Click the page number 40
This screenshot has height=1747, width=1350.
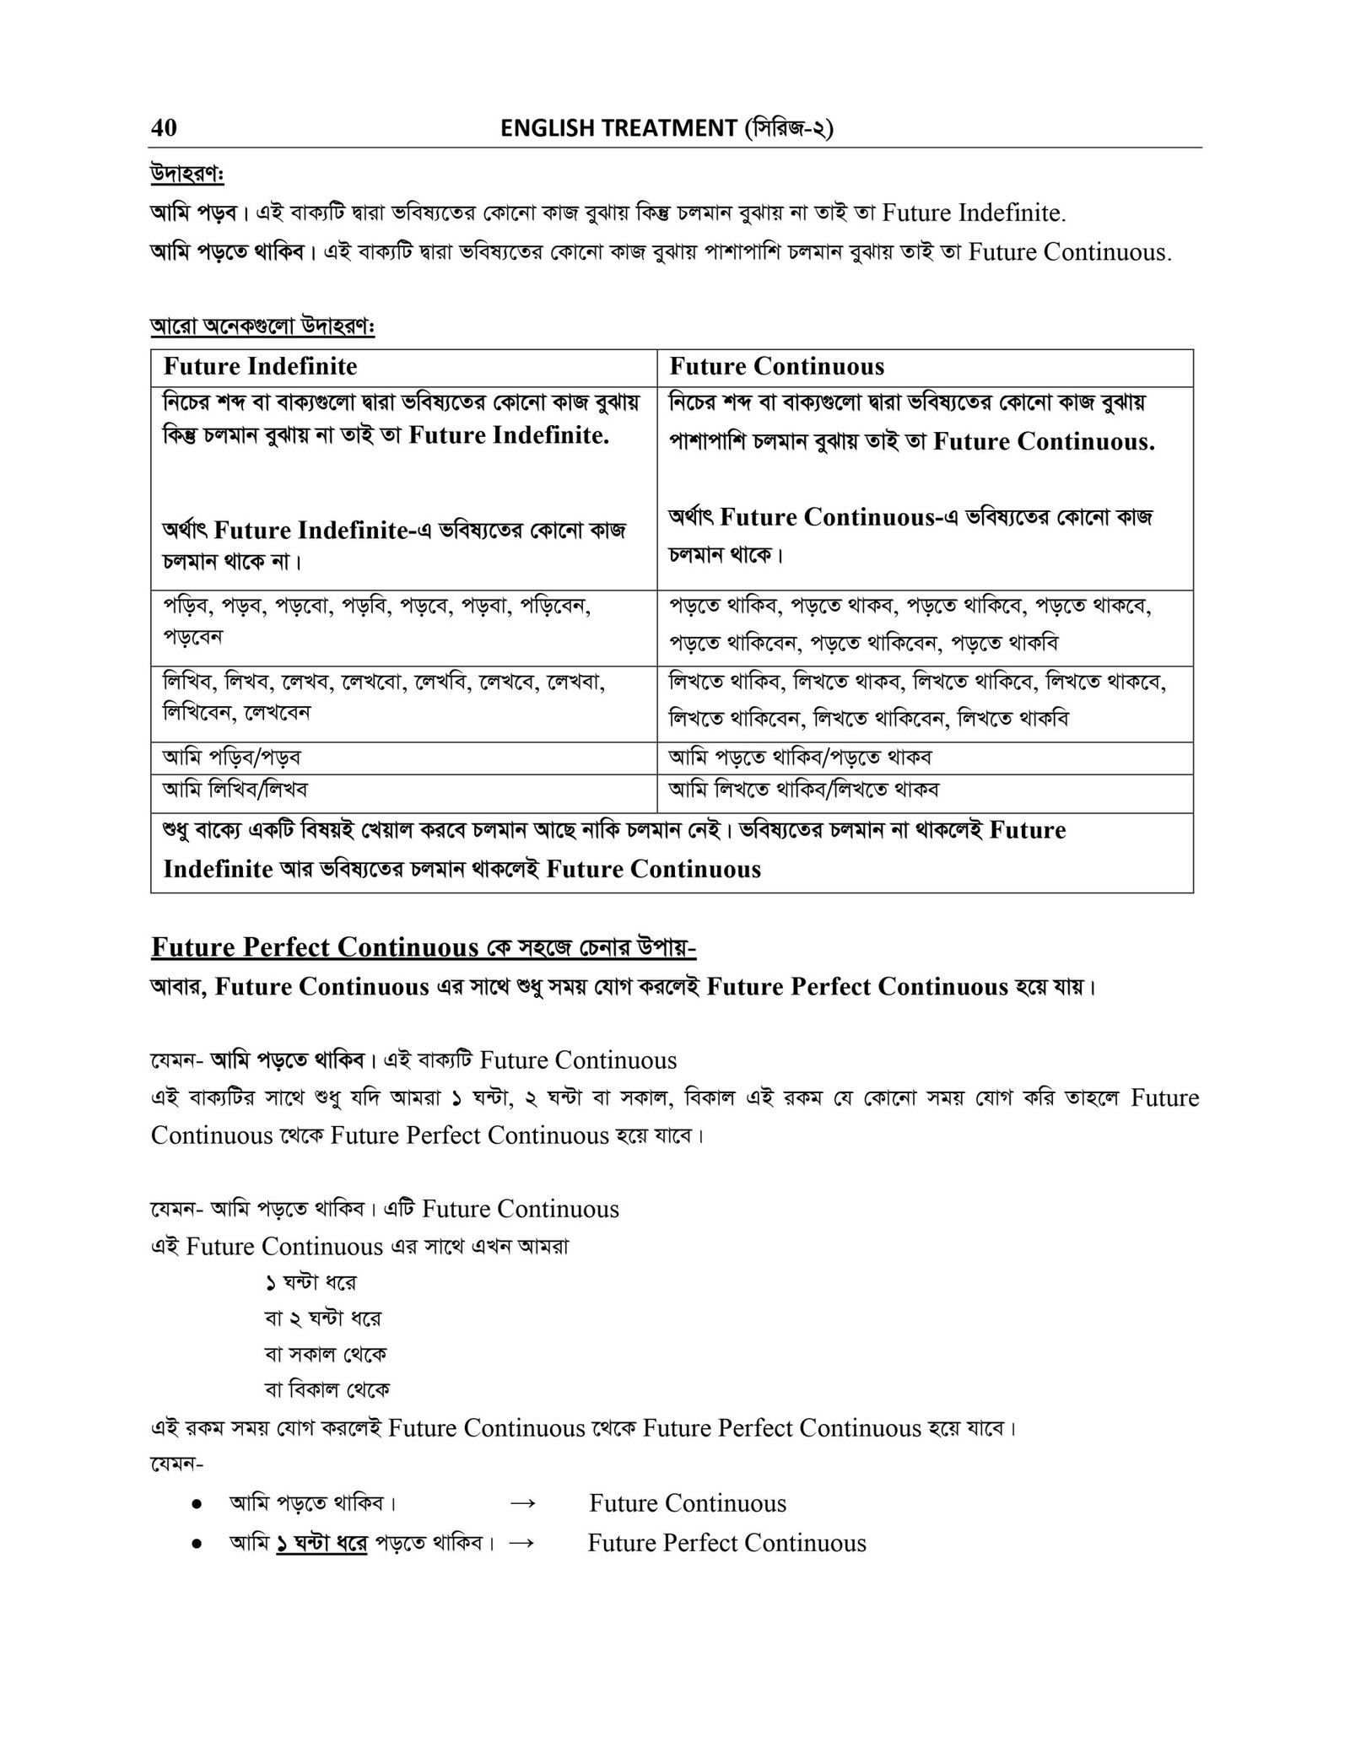(x=164, y=127)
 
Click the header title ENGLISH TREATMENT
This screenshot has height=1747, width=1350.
(x=618, y=128)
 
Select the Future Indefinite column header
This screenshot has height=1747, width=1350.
(x=260, y=366)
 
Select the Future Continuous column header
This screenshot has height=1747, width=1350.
(x=776, y=366)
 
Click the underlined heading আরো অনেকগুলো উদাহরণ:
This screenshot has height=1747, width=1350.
(x=262, y=326)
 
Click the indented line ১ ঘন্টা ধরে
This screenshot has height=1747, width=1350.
(x=310, y=1282)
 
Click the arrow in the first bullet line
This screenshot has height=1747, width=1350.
(x=523, y=1503)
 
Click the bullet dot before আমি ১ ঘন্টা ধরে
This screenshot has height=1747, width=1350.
(x=196, y=1544)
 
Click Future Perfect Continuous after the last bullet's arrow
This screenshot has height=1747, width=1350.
(x=726, y=1543)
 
